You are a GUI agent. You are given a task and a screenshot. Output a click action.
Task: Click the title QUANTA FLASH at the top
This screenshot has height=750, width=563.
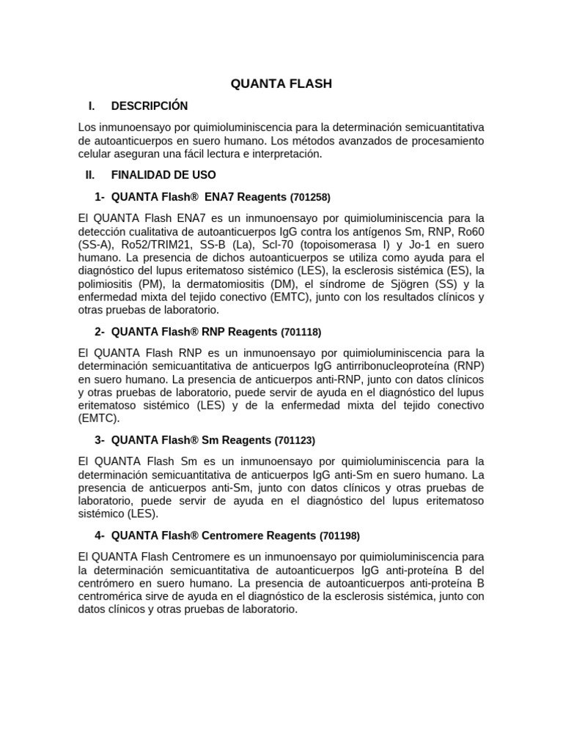(281, 83)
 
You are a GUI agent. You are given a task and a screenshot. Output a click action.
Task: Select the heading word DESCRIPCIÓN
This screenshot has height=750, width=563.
(150, 106)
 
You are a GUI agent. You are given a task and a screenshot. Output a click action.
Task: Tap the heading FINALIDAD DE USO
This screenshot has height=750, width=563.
(163, 175)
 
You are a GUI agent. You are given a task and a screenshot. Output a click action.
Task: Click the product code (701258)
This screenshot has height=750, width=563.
(310, 197)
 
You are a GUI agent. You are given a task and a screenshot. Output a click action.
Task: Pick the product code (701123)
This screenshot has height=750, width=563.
(295, 440)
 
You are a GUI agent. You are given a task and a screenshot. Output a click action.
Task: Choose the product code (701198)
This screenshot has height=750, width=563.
(339, 535)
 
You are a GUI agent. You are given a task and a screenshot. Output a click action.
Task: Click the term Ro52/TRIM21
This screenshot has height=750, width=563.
(153, 245)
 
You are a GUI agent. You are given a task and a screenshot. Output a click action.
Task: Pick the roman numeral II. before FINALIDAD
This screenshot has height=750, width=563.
(90, 175)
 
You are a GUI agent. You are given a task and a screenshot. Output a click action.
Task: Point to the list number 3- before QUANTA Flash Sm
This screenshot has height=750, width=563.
(100, 440)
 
